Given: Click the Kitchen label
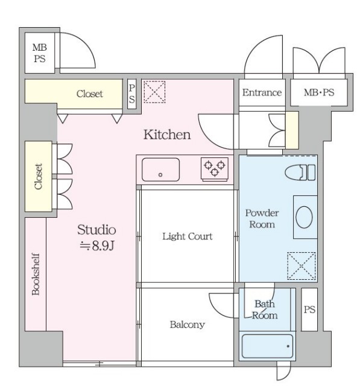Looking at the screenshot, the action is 167,134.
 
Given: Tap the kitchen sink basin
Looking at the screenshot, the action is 160,169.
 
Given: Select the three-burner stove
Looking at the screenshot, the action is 215,169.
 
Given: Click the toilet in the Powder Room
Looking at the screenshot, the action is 300,172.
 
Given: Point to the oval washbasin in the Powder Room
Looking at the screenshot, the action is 304,217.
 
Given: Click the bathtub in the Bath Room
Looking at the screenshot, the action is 267,346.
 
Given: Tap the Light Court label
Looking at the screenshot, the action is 188,236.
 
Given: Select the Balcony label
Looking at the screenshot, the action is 188,324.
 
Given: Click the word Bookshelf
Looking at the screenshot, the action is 36,274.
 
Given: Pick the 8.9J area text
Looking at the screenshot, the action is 97,245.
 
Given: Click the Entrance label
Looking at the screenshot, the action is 262,92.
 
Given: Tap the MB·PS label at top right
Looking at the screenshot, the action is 319,92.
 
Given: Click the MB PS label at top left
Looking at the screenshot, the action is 39,53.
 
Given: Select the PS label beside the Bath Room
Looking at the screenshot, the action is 309,309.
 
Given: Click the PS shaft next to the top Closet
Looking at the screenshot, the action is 132,94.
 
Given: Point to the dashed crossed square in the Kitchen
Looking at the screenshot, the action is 154,92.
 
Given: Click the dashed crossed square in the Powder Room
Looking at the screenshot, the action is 302,266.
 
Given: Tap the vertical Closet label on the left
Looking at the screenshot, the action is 39,176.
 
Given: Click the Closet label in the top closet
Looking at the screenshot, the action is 90,94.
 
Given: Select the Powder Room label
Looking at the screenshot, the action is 262,218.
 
